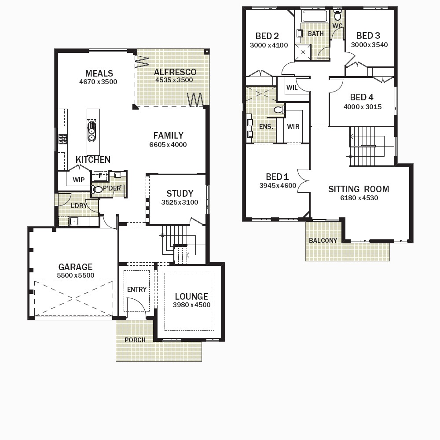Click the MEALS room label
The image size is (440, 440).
pos(99,73)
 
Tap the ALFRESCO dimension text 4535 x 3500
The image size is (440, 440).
pos(174,80)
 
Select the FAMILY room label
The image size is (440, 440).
pos(169,136)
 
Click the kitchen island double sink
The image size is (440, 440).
pos(92,131)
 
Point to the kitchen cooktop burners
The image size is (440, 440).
pos(63,139)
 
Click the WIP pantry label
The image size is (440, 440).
pos(79,180)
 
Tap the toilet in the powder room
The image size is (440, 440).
pos(97,189)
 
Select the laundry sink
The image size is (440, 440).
pos(74,221)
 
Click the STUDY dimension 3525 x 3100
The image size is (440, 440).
pos(180,202)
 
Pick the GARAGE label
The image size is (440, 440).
pos(75,267)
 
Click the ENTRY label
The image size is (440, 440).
pos(137,290)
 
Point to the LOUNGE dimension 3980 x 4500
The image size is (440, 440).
pos(192,305)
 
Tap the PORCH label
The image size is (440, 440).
pos(135,340)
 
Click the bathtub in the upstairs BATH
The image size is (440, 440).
pos(315,16)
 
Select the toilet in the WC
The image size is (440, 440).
pos(337,16)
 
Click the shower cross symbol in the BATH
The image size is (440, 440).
pos(303,52)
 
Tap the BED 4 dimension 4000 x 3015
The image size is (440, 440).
pos(363,107)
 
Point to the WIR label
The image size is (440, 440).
pos(293,127)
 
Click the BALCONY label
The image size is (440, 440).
pos(323,241)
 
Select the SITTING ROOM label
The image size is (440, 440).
pos(359,189)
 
